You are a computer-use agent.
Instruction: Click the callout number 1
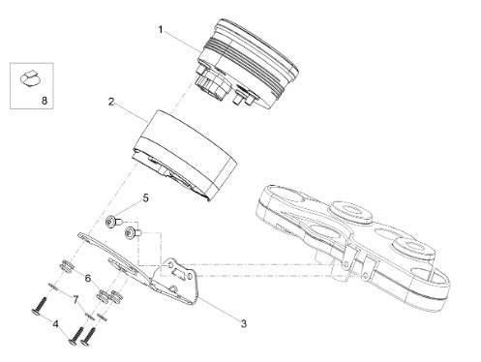coord(161,30)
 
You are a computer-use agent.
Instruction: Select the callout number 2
coord(111,103)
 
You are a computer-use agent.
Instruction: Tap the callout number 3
coord(244,323)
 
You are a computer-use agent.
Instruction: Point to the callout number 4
coord(56,324)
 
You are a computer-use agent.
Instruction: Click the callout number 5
coord(146,197)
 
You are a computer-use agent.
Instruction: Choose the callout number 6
coord(88,278)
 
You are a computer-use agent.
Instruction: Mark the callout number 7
coord(75,300)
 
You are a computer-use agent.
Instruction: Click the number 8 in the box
coord(45,101)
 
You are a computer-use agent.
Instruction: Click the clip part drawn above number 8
coord(31,78)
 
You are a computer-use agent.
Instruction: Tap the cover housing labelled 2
coord(186,155)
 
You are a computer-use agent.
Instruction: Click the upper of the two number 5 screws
coord(114,223)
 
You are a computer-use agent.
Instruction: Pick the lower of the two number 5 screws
coord(134,232)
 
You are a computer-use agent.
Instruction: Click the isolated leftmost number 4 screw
coord(40,305)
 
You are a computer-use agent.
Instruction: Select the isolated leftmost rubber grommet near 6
coord(67,266)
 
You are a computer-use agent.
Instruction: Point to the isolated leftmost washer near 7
coord(52,287)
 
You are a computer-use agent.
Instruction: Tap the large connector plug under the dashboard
coord(212,84)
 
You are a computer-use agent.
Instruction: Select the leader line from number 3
coord(219,307)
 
